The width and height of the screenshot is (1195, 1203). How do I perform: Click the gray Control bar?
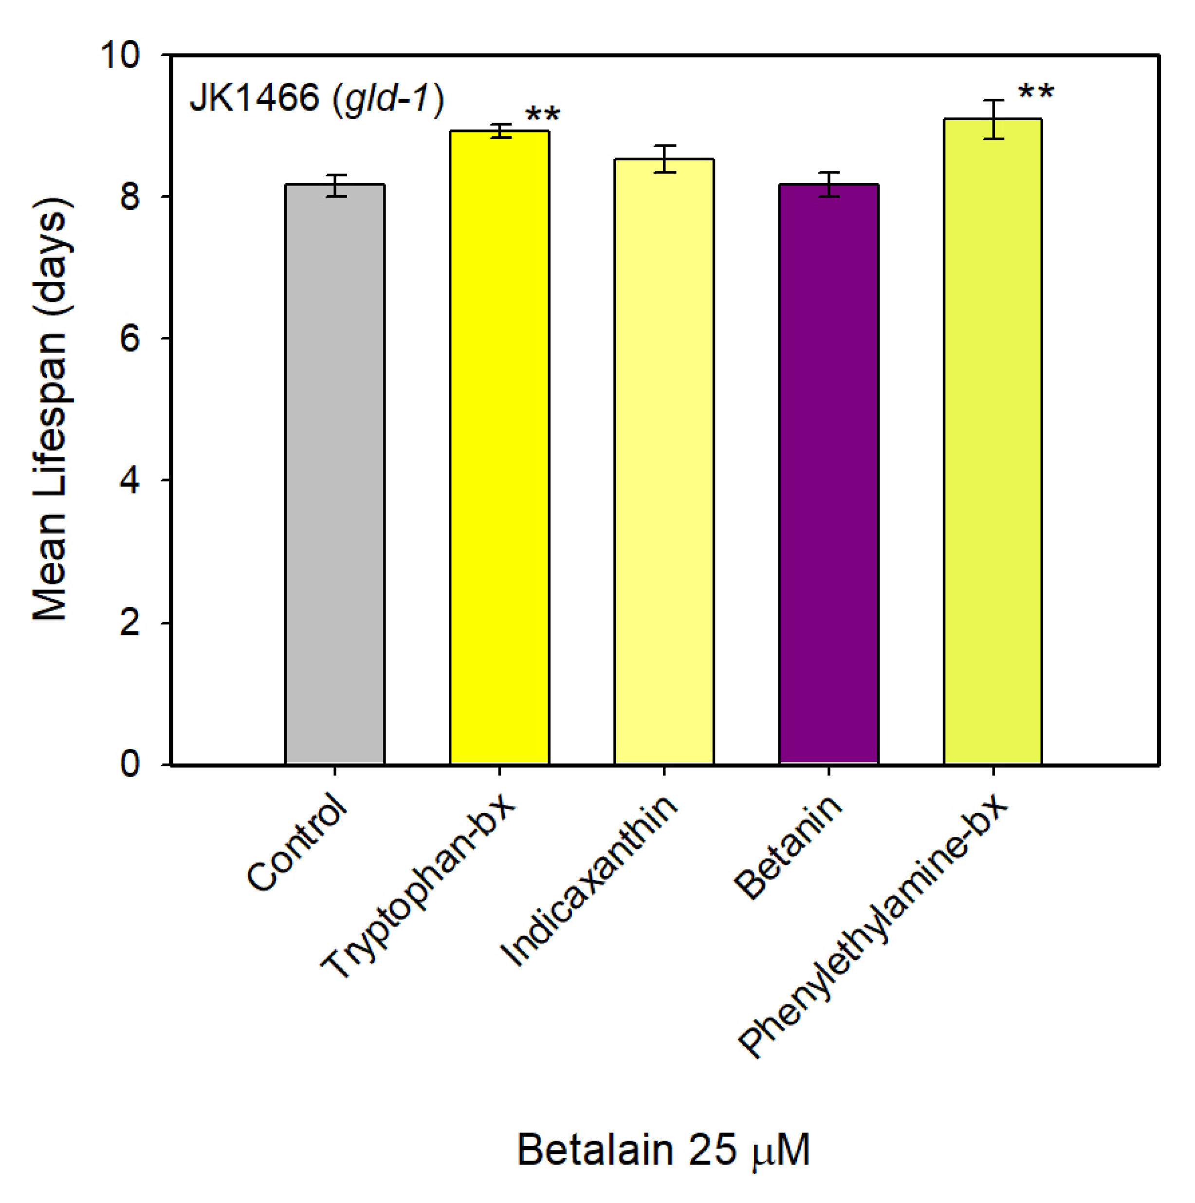click(335, 473)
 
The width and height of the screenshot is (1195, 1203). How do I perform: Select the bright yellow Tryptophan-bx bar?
click(499, 448)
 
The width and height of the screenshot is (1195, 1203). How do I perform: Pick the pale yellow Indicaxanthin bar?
click(664, 461)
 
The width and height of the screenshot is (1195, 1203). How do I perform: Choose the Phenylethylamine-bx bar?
click(993, 442)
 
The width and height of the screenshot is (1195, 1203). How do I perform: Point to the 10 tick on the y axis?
click(121, 55)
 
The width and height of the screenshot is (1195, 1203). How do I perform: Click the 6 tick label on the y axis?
click(129, 339)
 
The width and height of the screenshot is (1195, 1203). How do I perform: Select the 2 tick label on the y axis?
click(129, 622)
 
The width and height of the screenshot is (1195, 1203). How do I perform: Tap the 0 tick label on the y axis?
click(129, 764)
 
